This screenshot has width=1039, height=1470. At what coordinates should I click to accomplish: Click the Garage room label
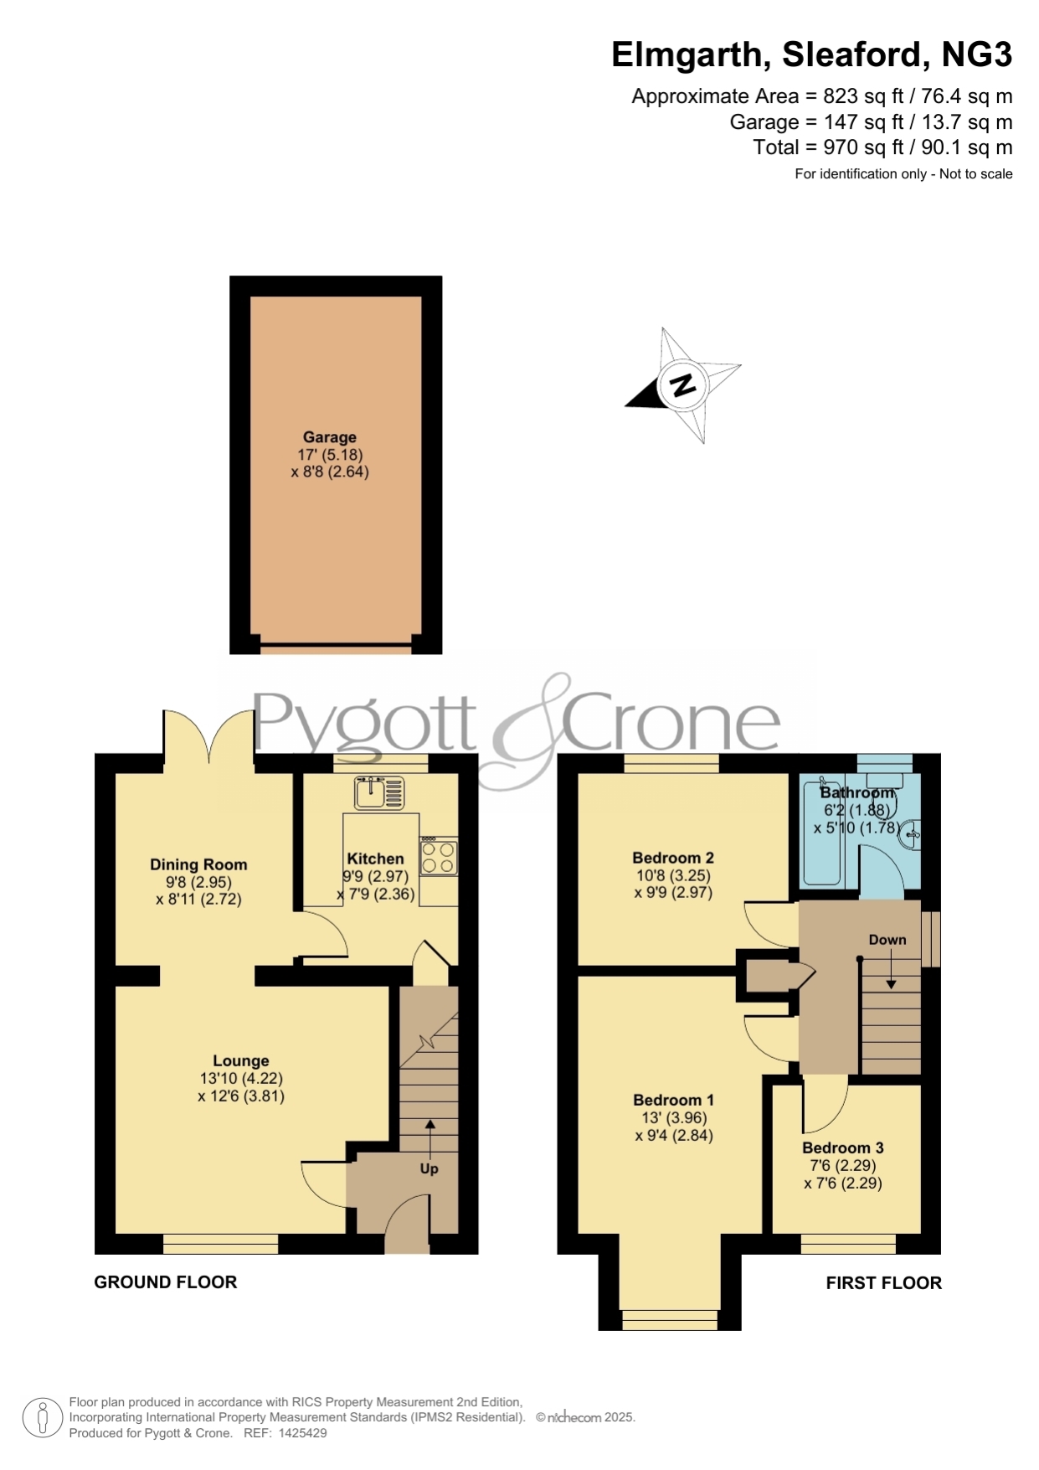pos(330,437)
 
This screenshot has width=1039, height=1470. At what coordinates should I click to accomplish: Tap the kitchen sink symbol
pos(379,792)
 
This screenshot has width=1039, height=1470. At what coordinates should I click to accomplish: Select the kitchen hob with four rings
pos(439,856)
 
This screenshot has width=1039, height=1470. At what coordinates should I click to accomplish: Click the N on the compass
pos(683,385)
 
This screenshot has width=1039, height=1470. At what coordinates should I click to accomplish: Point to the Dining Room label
pos(198,864)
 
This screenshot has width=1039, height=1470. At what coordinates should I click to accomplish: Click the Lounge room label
pos(241,1060)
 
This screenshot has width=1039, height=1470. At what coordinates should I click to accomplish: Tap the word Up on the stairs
pos(429,1168)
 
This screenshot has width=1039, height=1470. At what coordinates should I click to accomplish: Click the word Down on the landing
pos(887,940)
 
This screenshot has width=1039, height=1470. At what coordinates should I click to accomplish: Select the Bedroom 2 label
pos(673,858)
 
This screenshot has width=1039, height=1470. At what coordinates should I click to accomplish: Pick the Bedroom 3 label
pos(843,1148)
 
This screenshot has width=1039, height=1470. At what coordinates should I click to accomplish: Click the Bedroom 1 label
pos(674,1100)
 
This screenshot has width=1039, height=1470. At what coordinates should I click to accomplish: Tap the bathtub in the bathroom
pos(821,829)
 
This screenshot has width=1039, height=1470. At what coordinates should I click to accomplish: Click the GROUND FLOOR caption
pos(166,1282)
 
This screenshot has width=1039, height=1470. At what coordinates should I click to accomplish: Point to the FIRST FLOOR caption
pos(884,1282)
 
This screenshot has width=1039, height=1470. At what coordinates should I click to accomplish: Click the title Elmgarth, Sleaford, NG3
pos(811,54)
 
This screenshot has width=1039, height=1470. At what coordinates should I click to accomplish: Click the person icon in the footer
pos(42,1418)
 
